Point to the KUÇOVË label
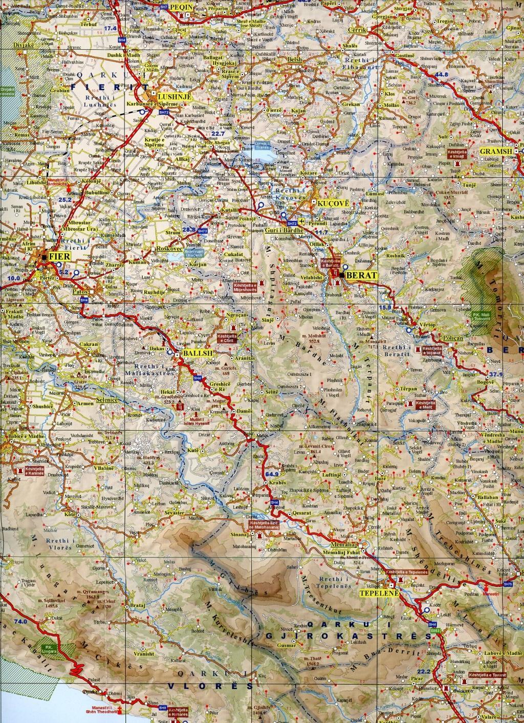pos(330,203)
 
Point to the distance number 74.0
pos(20,621)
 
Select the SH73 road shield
pos(202,231)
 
